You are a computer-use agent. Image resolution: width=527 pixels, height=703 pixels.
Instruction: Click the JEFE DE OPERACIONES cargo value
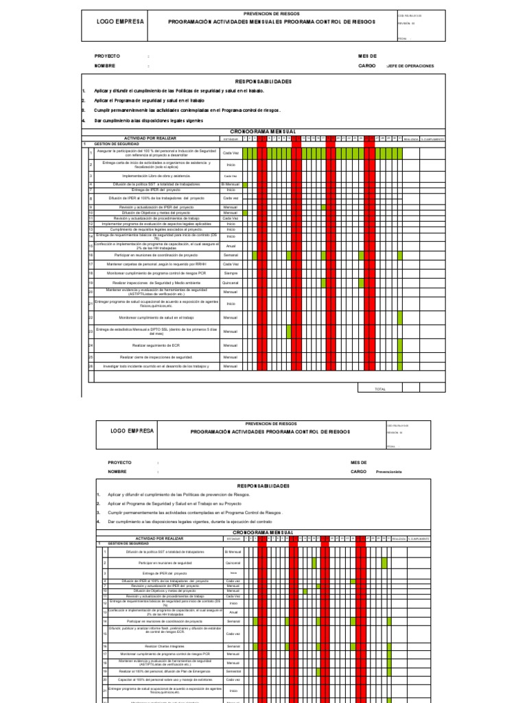(410, 66)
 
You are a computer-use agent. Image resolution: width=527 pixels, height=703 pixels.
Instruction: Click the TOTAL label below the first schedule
(380, 389)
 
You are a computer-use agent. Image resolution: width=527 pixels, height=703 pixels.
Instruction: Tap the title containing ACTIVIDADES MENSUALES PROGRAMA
(272, 22)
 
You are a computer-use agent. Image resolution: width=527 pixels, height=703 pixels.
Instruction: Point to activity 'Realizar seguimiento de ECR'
(156, 345)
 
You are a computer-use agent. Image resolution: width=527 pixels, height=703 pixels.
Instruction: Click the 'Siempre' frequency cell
(231, 273)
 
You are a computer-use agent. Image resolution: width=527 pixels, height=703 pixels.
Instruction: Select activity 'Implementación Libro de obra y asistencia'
(156, 176)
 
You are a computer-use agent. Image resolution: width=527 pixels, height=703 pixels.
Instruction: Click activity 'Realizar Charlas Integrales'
(163, 646)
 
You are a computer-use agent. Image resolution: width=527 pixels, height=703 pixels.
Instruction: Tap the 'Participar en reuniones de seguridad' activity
(165, 562)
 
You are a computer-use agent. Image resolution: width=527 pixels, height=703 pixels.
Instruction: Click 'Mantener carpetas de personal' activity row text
(156, 264)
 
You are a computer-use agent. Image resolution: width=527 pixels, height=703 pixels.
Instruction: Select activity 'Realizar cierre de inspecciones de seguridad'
(156, 358)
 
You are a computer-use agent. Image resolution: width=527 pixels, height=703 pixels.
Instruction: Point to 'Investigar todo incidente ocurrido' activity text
(156, 367)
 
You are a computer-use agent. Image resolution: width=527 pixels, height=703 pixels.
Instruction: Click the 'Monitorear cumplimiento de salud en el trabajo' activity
(156, 318)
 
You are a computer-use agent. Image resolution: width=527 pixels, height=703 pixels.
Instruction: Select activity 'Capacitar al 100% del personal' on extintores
(163, 679)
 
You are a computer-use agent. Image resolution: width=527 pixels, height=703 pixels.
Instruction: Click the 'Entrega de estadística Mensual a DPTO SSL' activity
(156, 331)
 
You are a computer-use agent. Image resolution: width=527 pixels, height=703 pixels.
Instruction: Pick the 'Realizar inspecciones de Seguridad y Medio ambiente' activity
(156, 283)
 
